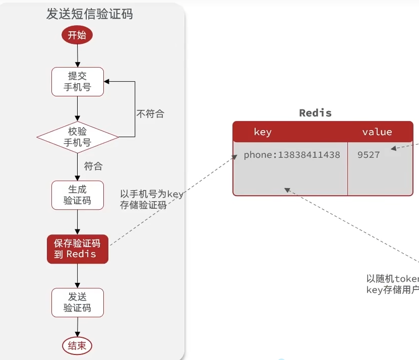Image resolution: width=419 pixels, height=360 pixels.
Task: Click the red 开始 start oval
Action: (x=77, y=35)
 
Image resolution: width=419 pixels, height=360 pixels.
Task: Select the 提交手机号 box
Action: (x=77, y=82)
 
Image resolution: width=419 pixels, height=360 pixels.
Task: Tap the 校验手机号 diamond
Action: (x=77, y=137)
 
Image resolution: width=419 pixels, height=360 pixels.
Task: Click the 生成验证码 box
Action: (x=77, y=195)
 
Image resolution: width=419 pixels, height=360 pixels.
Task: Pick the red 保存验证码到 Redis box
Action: (x=77, y=249)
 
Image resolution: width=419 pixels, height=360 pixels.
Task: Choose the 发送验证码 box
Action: (x=77, y=303)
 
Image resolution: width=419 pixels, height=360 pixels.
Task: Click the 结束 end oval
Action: (x=77, y=345)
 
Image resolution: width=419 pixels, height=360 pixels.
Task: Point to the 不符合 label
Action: (x=150, y=114)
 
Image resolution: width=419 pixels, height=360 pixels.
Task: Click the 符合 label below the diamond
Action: (x=93, y=165)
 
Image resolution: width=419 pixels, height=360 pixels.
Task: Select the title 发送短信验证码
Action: (x=90, y=14)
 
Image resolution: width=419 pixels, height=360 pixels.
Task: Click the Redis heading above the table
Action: (x=315, y=112)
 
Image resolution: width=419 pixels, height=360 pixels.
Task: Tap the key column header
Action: (x=263, y=132)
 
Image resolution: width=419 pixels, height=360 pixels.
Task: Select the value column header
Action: (x=377, y=132)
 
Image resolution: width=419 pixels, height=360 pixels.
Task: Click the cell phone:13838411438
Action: (x=291, y=155)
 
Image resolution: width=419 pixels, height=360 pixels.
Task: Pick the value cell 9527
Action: (x=369, y=155)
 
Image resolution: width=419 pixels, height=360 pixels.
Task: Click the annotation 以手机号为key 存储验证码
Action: (x=151, y=200)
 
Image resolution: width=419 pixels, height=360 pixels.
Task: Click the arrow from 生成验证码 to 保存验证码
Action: (x=77, y=222)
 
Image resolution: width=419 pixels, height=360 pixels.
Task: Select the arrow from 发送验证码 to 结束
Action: (x=77, y=327)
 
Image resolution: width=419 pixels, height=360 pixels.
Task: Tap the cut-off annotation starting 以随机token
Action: (x=392, y=284)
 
